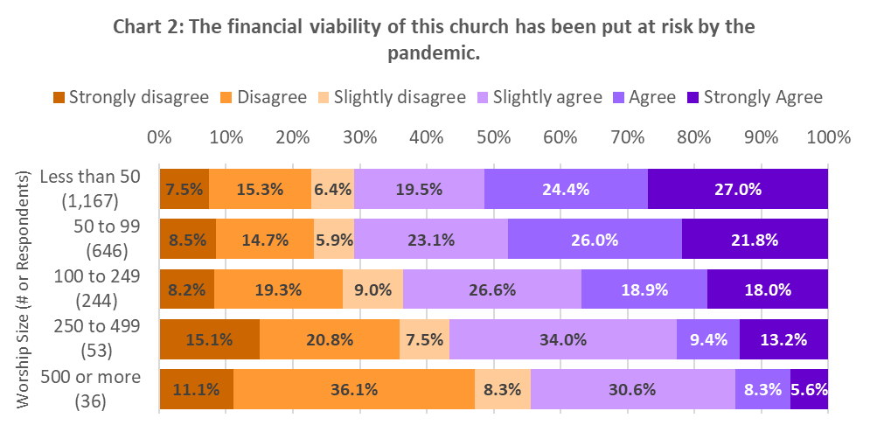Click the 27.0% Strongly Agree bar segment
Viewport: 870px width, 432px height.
tap(737, 189)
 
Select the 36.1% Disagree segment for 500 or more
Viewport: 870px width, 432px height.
tap(353, 390)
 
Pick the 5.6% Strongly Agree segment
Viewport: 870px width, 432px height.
tap(810, 390)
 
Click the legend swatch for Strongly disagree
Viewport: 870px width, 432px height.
tap(59, 97)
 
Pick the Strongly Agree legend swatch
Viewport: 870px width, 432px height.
tap(694, 97)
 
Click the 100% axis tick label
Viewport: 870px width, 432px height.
tap(827, 138)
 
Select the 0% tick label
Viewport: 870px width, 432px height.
tap(159, 138)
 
